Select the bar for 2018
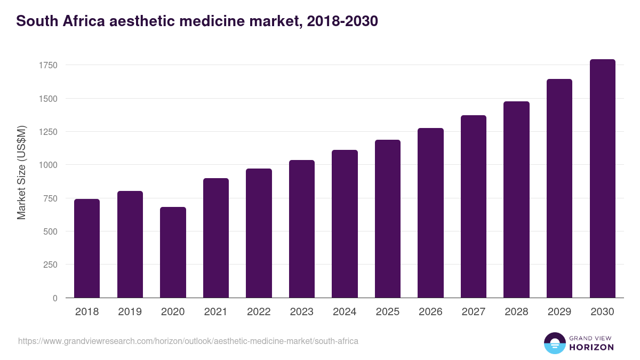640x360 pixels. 87,248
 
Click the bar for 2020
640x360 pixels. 173,252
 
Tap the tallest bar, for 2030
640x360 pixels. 602,179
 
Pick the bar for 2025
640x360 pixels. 388,219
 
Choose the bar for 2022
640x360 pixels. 259,233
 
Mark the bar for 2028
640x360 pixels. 516,199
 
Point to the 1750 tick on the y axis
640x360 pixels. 48,66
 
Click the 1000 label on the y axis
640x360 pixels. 48,165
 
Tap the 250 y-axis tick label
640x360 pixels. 50,265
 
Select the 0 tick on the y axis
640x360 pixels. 55,298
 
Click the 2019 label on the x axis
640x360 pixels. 130,312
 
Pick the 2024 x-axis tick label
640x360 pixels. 345,312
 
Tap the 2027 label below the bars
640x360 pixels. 473,312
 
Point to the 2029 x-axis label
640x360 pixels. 559,312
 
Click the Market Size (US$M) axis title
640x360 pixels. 21,172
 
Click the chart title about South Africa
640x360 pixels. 197,21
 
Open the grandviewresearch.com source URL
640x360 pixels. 188,341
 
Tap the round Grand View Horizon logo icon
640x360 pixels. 554,343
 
